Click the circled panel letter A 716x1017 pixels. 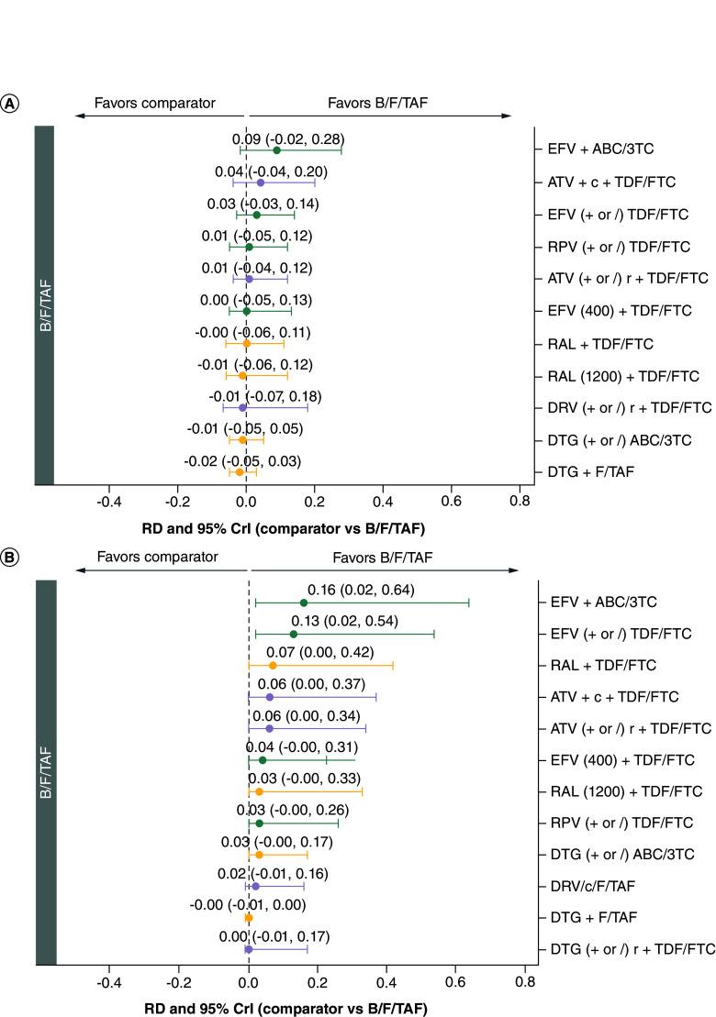[x=10, y=104]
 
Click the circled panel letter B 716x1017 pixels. [x=10, y=557]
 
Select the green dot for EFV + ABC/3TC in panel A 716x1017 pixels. [x=276, y=149]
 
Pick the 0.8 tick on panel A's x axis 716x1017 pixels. [x=520, y=502]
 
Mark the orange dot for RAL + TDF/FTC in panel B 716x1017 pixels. [x=273, y=665]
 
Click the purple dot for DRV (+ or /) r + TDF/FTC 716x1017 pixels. [x=242, y=407]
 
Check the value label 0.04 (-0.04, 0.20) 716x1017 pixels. [x=265, y=171]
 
